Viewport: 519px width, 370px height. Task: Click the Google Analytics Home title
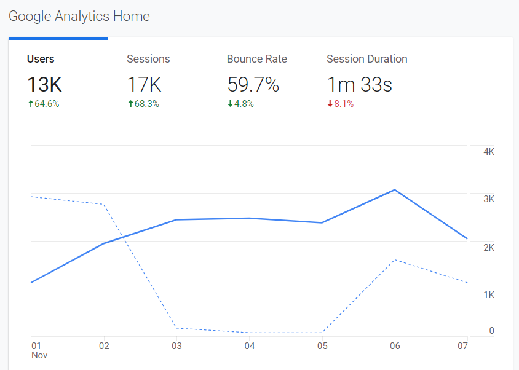[79, 17]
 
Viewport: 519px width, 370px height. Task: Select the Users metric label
[41, 59]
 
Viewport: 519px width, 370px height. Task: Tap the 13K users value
[44, 85]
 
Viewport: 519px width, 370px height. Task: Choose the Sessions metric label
[148, 59]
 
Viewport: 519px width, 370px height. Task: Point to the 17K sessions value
[144, 85]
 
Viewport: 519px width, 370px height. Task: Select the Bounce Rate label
[257, 59]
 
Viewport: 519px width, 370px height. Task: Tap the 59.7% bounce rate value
[253, 85]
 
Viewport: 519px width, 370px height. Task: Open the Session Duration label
[366, 59]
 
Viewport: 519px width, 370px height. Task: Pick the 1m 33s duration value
[359, 85]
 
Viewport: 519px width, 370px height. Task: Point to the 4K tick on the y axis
[489, 152]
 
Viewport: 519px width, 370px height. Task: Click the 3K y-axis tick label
[489, 199]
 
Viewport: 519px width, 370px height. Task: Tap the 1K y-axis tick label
[489, 295]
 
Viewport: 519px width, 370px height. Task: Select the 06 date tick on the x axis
[395, 346]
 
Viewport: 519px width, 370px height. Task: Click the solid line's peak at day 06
[395, 190]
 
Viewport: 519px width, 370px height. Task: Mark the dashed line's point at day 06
[395, 260]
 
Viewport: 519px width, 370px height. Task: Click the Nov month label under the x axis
[39, 355]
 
